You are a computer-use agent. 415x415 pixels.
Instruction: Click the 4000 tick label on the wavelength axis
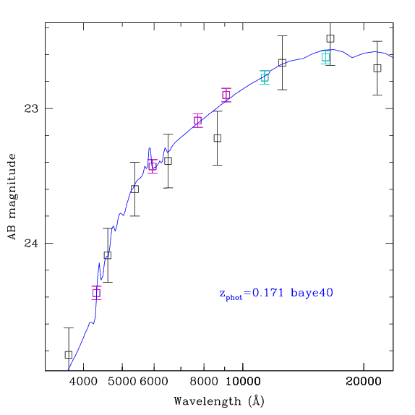83,382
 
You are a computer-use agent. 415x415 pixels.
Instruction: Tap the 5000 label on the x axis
122,382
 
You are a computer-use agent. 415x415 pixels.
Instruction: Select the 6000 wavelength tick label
154,382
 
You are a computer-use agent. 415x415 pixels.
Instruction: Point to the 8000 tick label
204,382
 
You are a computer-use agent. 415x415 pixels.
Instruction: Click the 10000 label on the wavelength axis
243,382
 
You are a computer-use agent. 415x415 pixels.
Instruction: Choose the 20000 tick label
364,382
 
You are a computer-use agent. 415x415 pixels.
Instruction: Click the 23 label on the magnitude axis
31,108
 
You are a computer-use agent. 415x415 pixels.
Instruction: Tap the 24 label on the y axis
31,243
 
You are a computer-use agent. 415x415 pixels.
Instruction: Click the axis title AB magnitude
12,197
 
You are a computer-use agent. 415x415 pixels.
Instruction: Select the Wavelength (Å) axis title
219,401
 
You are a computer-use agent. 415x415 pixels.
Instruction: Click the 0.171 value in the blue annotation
268,293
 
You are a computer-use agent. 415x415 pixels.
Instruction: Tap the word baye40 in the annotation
312,294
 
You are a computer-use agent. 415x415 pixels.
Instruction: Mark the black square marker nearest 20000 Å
377,68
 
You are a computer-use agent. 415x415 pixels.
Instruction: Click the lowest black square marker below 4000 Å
69,355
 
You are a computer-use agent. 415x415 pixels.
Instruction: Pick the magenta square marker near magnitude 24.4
96,293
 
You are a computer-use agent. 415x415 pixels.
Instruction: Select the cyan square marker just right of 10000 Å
265,77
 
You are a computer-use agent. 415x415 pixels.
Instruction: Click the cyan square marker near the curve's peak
326,57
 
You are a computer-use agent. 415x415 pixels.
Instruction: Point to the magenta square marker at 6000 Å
152,166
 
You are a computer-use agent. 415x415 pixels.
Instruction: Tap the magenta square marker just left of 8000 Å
197,121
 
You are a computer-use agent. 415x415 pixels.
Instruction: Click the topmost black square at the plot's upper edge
330,38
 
